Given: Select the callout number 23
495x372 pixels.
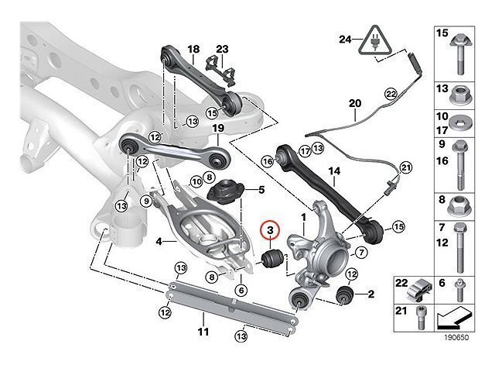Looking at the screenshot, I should (x=222, y=49).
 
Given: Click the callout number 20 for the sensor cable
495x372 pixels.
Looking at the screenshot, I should (x=355, y=102).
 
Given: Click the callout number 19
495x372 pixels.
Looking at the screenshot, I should (x=218, y=128).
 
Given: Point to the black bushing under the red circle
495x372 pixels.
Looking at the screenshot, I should (x=271, y=260).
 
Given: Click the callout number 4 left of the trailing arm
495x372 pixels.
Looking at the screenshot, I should (x=159, y=241).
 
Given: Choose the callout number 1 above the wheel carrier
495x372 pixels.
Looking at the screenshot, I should (x=304, y=218).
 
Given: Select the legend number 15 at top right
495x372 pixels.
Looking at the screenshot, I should (x=443, y=34).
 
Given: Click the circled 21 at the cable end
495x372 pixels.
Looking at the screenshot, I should (x=406, y=165).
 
